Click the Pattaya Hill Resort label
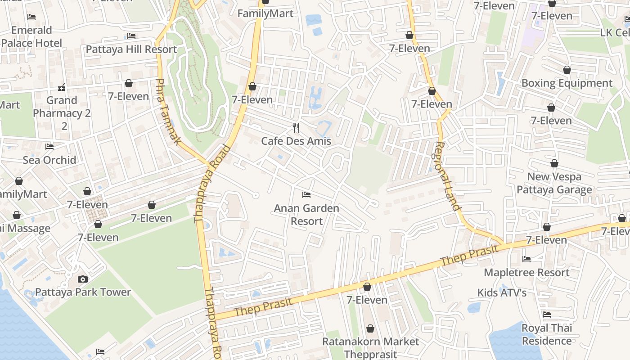tap(131, 49)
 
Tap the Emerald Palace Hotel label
tap(31, 36)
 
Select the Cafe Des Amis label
tap(296, 141)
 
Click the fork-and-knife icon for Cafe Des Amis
tap(296, 128)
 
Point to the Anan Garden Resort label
tap(306, 215)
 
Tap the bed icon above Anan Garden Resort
tap(306, 195)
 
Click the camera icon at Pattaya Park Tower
tap(82, 279)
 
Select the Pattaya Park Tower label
tap(83, 292)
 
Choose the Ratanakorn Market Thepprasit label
tap(370, 348)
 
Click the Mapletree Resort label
tap(526, 272)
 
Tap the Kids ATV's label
tap(502, 293)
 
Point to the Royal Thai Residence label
tap(547, 334)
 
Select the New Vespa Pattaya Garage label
tap(554, 183)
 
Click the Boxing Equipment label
tap(567, 83)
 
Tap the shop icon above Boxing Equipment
tap(567, 70)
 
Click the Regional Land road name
tap(447, 176)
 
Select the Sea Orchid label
tap(49, 160)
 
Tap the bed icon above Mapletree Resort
tap(526, 259)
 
